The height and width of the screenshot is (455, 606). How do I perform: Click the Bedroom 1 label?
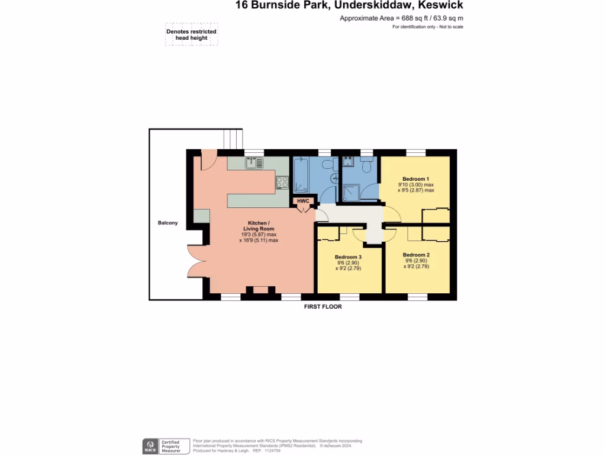(415, 178)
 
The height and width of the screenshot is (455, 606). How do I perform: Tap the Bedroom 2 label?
(415, 254)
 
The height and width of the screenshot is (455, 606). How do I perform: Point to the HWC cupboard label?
(303, 201)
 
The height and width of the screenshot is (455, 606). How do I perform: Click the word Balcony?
(167, 223)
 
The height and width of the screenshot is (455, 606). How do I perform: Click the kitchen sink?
(254, 162)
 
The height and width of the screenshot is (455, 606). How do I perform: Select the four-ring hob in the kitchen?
(282, 184)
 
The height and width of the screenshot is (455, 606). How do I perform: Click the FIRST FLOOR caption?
(323, 307)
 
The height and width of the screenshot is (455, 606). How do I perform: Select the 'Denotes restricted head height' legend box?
(191, 35)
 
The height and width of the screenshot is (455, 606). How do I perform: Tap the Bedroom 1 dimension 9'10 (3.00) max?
(416, 185)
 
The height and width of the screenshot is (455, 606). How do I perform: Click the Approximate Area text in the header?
(401, 18)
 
